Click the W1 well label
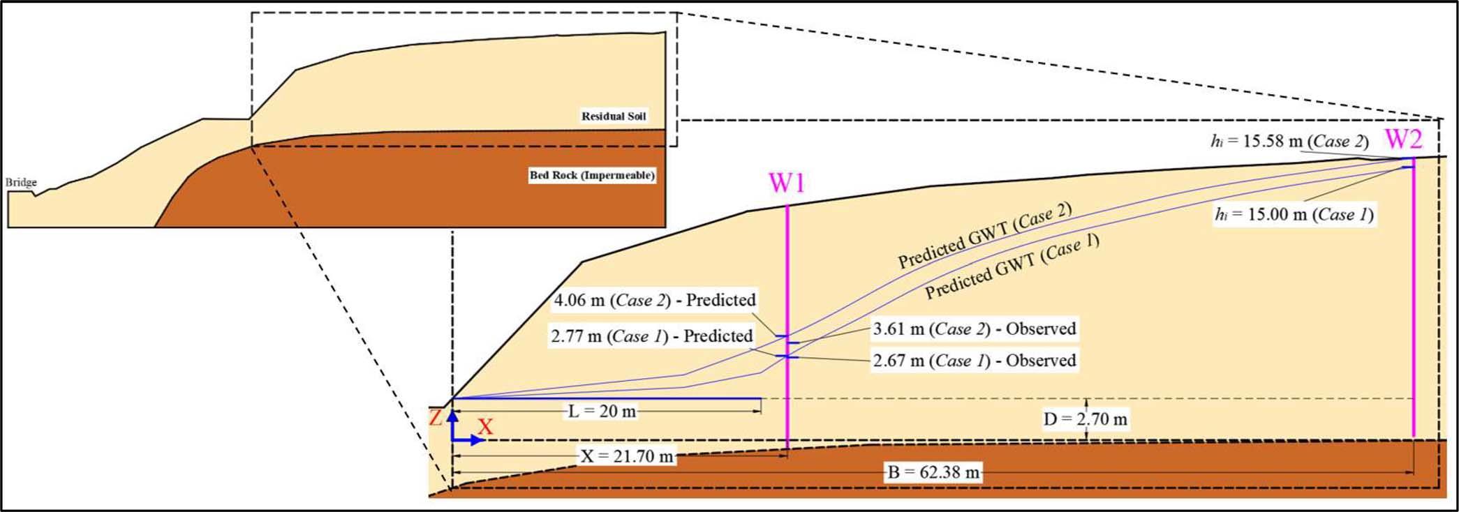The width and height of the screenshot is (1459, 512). (787, 184)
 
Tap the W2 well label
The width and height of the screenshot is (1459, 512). (1403, 140)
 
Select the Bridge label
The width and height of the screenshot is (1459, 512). (21, 183)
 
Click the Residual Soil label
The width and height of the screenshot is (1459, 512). (614, 116)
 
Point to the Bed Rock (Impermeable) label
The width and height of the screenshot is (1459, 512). (592, 175)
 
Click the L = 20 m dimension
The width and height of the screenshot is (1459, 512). (602, 412)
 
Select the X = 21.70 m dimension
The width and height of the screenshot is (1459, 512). (628, 456)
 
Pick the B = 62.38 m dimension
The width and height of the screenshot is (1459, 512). (934, 472)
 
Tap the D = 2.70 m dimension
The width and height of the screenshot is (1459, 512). (1085, 419)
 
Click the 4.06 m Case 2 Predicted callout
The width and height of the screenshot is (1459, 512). (654, 301)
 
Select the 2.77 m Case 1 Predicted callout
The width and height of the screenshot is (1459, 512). (651, 336)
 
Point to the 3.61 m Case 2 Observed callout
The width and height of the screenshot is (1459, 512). (975, 329)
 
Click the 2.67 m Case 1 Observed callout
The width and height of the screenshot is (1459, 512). (975, 361)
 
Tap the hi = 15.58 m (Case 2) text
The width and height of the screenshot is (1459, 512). (1289, 142)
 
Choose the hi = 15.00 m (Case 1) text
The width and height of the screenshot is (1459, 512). (1294, 215)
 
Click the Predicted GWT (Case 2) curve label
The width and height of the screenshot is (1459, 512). (984, 236)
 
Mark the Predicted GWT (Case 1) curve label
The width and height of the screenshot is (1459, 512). (1012, 267)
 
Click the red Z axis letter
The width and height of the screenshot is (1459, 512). (436, 419)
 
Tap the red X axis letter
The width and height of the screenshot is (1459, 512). (485, 426)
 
